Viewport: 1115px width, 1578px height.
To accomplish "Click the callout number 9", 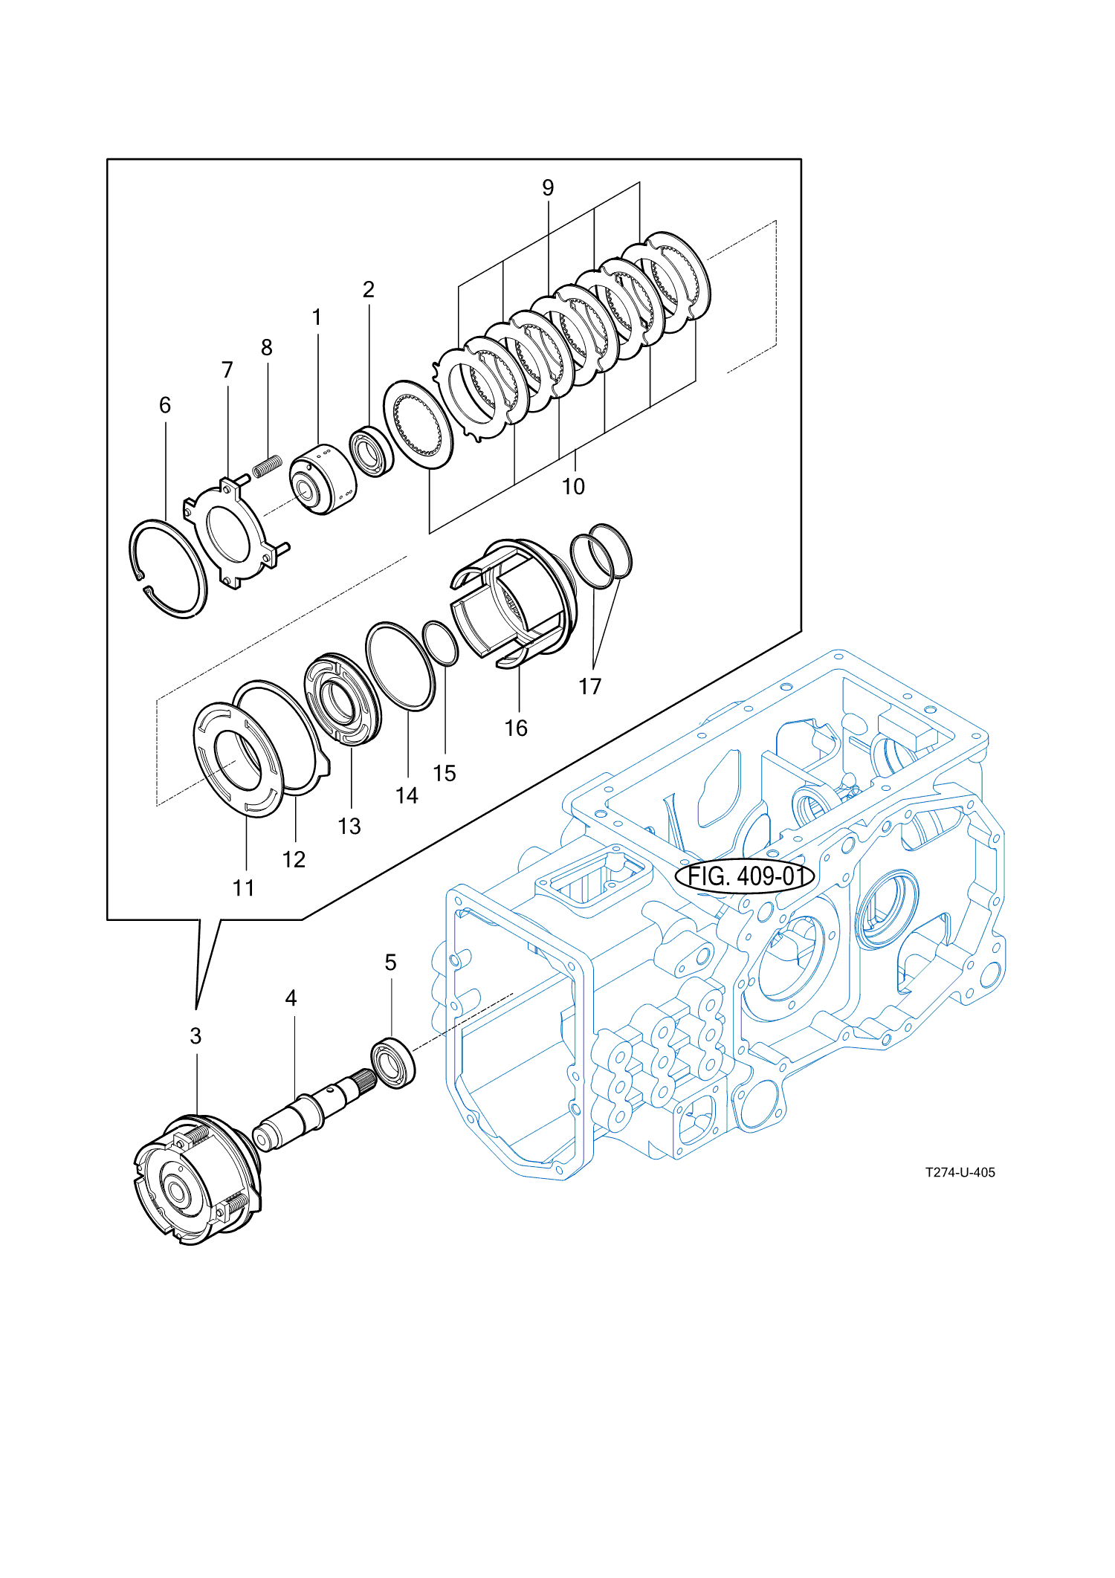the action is tap(548, 188).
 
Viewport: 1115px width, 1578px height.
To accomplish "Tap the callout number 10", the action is tap(573, 487).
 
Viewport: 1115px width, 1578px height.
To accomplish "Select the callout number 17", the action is tap(589, 687).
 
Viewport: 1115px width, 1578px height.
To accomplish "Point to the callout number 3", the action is tap(195, 1036).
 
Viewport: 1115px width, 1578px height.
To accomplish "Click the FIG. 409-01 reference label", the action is tap(745, 876).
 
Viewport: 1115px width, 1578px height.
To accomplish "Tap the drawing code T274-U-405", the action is tap(960, 1172).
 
